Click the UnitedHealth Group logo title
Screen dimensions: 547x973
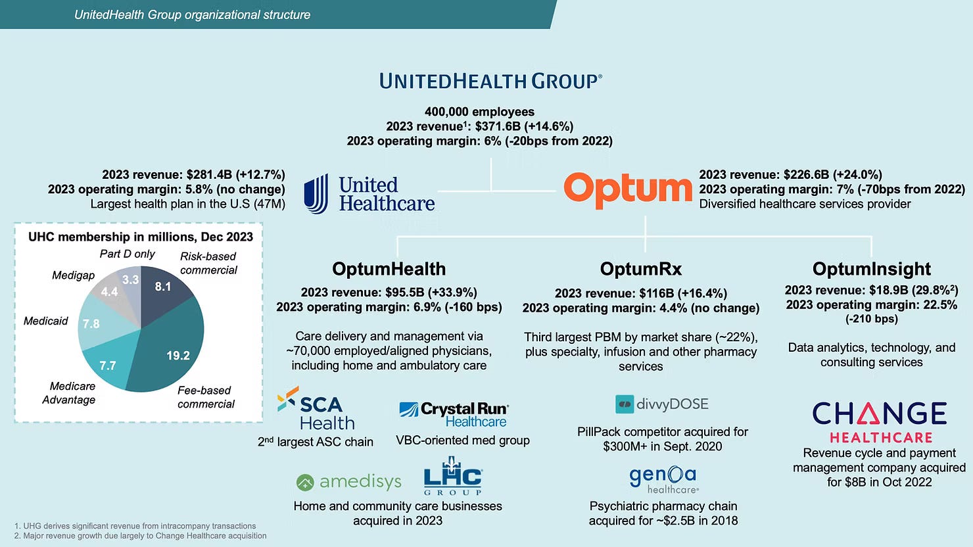click(490, 82)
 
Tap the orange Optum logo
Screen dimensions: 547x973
click(627, 190)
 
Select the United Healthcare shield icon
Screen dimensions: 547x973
click(316, 193)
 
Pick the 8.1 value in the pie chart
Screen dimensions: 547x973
click(162, 287)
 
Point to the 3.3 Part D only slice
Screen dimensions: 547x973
click(130, 280)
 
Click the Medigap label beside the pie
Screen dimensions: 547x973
click(73, 275)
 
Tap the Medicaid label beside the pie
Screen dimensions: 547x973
click(46, 321)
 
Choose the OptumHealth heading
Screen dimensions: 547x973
click(389, 269)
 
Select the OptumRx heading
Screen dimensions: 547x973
click(640, 269)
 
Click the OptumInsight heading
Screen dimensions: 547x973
click(871, 269)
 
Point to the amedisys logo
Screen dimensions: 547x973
click(349, 482)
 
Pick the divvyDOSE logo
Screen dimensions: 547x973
click(661, 404)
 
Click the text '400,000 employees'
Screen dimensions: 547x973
click(479, 112)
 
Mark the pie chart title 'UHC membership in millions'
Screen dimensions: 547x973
click(140, 237)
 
